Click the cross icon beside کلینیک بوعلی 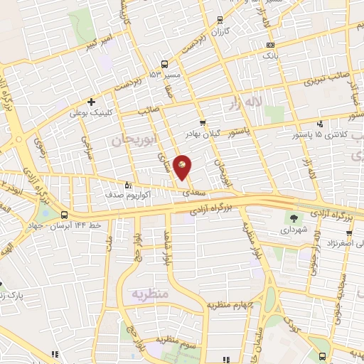click(x=92, y=102)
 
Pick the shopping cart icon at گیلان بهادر click(x=203, y=123)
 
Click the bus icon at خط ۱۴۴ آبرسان click(x=65, y=214)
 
